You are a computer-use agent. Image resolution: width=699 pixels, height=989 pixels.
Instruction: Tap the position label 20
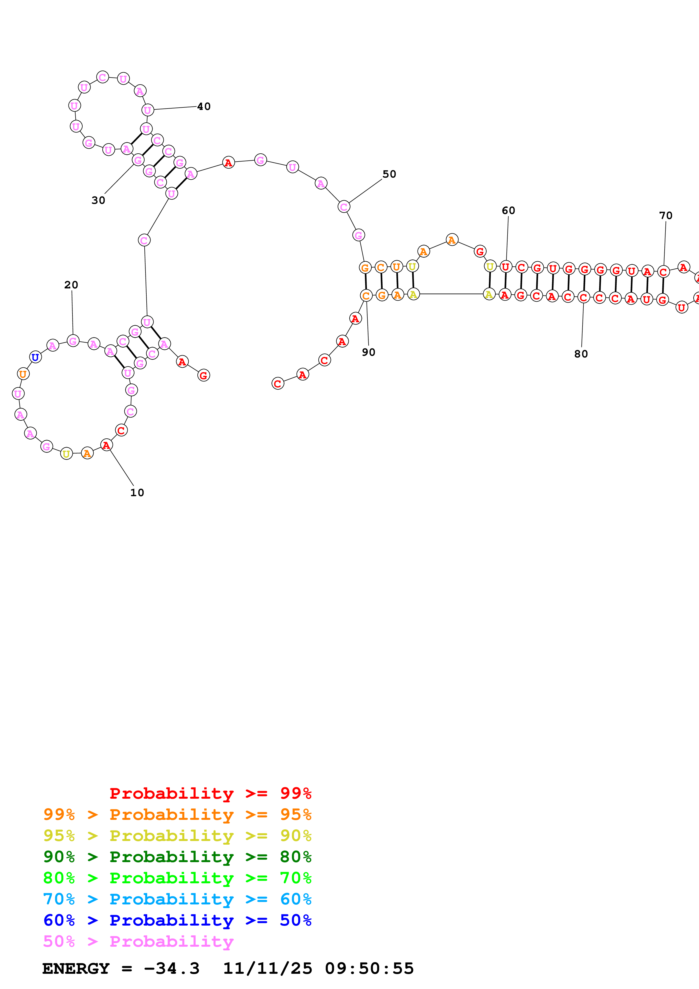(x=71, y=285)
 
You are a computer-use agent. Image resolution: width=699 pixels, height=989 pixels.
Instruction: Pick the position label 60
(x=508, y=211)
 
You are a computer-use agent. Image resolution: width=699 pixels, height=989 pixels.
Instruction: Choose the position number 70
(x=665, y=216)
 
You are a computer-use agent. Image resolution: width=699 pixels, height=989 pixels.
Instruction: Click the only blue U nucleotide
(x=35, y=357)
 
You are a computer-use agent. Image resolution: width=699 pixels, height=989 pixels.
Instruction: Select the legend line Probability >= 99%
(x=210, y=793)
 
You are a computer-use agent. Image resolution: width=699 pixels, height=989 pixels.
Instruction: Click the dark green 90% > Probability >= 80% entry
(x=177, y=857)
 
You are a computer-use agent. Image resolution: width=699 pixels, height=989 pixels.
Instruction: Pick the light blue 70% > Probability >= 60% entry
(x=177, y=899)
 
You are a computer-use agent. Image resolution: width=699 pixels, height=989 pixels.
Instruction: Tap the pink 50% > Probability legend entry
(x=138, y=941)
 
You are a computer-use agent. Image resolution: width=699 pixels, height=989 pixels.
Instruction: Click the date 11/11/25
(x=267, y=969)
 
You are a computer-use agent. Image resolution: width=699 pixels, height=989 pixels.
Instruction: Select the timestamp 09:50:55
(x=369, y=969)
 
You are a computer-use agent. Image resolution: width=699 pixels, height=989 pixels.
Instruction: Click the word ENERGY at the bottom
(x=76, y=969)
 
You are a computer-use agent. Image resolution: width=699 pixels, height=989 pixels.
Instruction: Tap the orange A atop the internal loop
(x=451, y=240)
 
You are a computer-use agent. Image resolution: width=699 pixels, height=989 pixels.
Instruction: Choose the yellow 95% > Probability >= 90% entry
(x=177, y=836)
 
